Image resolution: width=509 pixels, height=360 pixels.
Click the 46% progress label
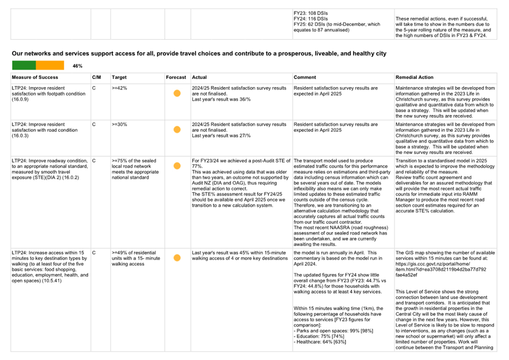(x=77, y=66)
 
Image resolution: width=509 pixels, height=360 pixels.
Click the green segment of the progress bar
(x=24, y=65)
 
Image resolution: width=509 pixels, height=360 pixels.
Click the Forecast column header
(x=176, y=77)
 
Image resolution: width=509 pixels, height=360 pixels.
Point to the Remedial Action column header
(x=415, y=77)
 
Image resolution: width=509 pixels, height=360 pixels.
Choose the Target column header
(x=119, y=77)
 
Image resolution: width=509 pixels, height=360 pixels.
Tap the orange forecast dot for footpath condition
(x=177, y=93)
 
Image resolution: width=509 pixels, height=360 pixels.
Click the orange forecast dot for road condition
(x=177, y=130)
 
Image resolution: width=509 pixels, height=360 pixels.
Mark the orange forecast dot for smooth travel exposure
(x=177, y=166)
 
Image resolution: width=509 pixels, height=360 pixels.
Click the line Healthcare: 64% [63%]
(x=321, y=341)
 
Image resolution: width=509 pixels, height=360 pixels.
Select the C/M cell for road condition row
(x=94, y=125)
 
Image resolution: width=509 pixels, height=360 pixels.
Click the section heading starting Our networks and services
(x=199, y=53)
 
